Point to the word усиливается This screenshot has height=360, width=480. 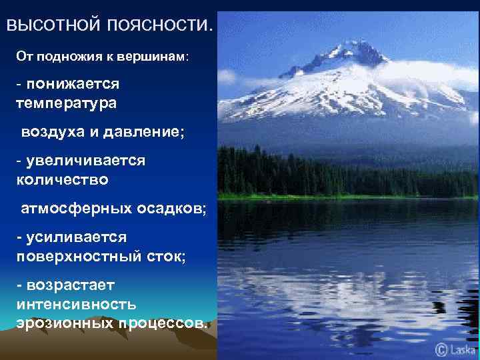click(x=76, y=237)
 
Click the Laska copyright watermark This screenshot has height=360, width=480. click(x=457, y=348)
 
